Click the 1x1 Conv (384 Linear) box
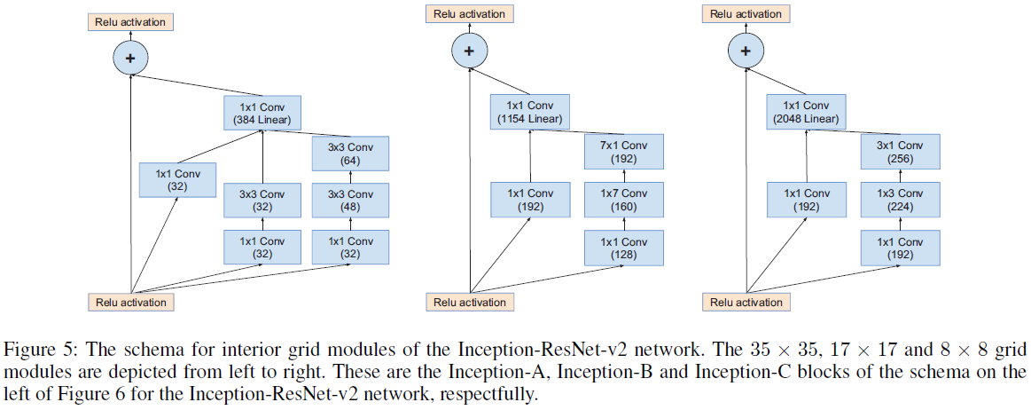262,113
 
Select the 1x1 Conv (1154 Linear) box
530,113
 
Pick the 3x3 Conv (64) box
350,154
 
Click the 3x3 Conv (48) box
350,201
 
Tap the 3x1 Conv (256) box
899,154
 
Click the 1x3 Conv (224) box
899,201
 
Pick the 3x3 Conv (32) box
262,201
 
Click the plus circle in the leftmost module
130,59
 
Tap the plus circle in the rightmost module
745,51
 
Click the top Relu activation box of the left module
130,21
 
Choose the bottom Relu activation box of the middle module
470,302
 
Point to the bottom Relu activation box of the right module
746,302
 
